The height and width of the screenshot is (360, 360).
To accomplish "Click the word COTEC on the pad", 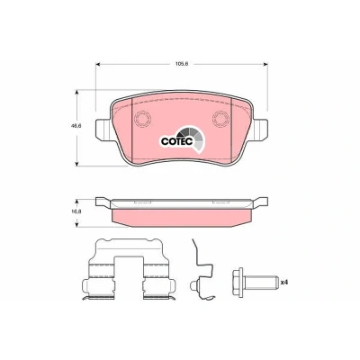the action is [176, 141].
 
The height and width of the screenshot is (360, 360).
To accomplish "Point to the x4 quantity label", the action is [284, 282].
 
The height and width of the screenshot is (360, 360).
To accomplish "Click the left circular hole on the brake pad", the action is [143, 118].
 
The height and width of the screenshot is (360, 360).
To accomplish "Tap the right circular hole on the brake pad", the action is [220, 118].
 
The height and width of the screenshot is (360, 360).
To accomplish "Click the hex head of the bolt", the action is [238, 282].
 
